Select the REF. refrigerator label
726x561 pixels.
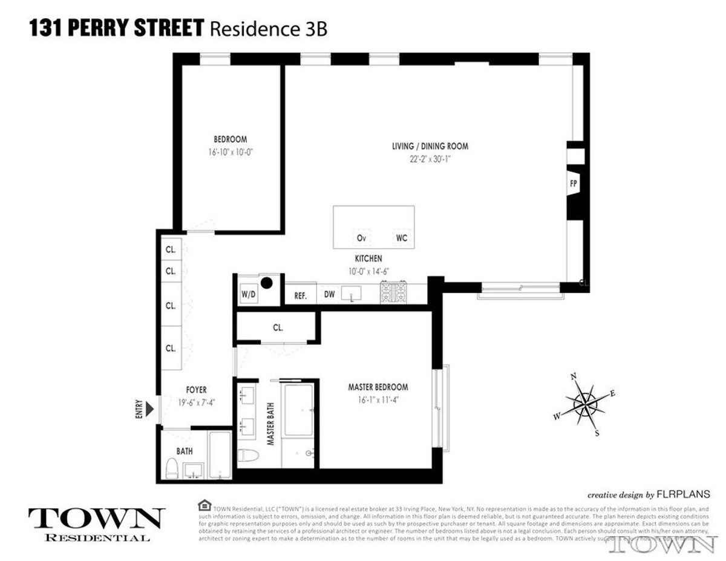pyautogui.click(x=301, y=296)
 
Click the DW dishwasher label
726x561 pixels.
pyautogui.click(x=329, y=295)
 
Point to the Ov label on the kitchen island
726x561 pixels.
pyautogui.click(x=361, y=238)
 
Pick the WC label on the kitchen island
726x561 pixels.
pyautogui.click(x=402, y=238)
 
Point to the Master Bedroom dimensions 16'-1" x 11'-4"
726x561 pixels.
pyautogui.click(x=378, y=399)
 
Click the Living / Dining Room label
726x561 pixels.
pyautogui.click(x=430, y=146)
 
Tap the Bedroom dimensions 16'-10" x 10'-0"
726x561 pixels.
pyautogui.click(x=230, y=153)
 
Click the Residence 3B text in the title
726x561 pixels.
pyautogui.click(x=268, y=29)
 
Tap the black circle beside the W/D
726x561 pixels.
pyautogui.click(x=266, y=282)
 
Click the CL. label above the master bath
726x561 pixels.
pyautogui.click(x=278, y=328)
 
